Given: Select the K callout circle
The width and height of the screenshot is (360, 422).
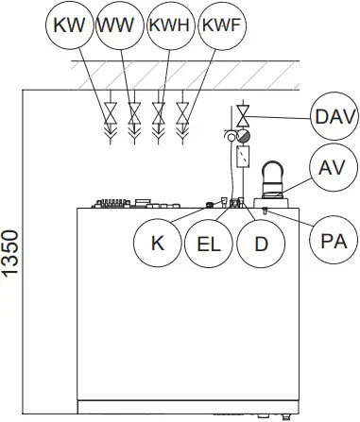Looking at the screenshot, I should pos(157,242).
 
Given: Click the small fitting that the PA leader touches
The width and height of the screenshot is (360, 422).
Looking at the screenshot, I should pos(266,210).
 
